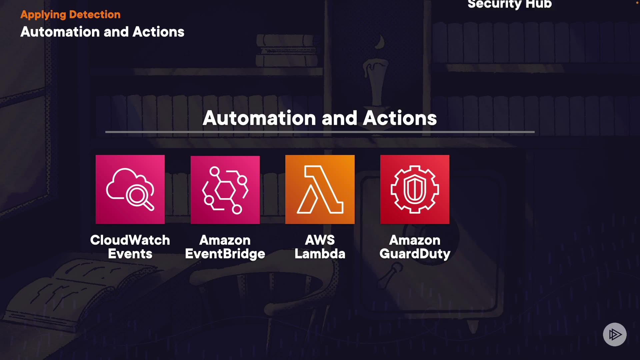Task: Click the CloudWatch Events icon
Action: click(130, 189)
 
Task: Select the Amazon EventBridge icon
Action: click(225, 190)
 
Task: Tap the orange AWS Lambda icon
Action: click(320, 189)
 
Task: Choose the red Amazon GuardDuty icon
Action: click(415, 189)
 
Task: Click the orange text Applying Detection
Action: click(70, 15)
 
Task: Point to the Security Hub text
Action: click(509, 4)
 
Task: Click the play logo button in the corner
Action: click(615, 334)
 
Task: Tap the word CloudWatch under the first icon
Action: click(130, 240)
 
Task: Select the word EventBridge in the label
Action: click(225, 254)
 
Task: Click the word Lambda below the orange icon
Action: click(320, 254)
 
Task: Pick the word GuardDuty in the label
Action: click(415, 254)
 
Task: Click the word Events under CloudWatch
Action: click(130, 254)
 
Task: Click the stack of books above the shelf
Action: click(287, 52)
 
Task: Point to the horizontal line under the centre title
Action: click(320, 132)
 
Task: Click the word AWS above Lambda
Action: click(320, 240)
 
